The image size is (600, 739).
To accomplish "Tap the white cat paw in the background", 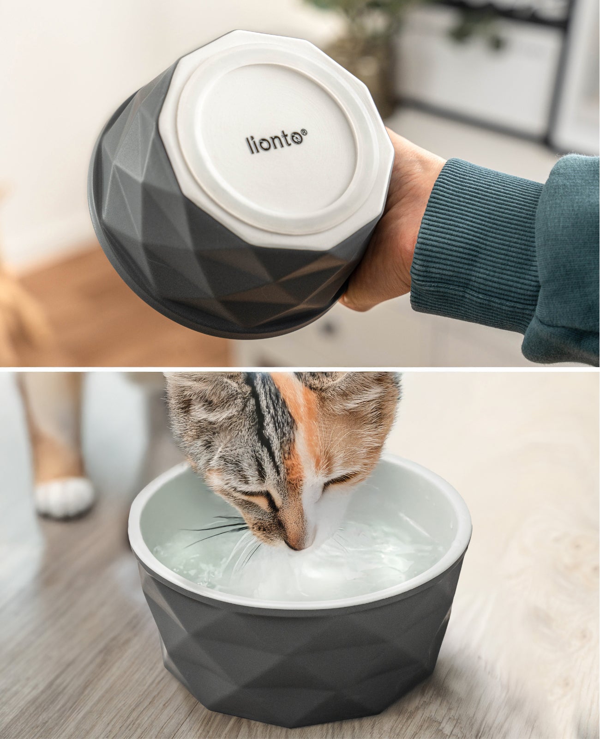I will coord(65,497).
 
